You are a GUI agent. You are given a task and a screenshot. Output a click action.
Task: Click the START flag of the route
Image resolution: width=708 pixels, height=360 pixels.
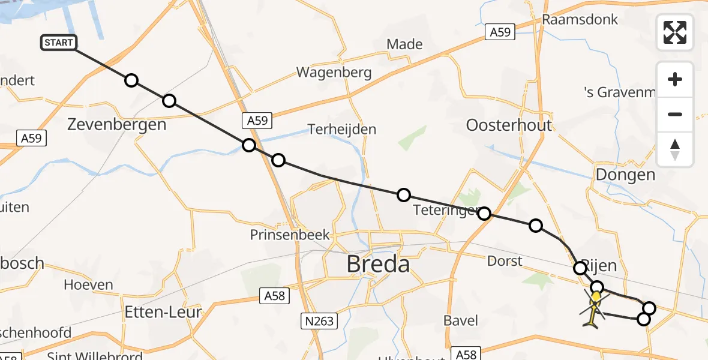coord(58,43)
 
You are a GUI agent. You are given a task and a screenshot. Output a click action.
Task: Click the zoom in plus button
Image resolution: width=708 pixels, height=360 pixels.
coord(675,80)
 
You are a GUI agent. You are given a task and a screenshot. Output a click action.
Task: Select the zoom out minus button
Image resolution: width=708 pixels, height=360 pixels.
coord(675,115)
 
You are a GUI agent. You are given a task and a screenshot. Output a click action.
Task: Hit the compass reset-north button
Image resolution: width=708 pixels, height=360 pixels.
coord(675,149)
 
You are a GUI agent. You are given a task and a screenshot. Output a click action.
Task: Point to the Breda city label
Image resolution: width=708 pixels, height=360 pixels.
coord(379,264)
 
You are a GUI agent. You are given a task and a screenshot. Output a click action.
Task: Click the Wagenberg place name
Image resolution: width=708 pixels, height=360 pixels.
coord(334,73)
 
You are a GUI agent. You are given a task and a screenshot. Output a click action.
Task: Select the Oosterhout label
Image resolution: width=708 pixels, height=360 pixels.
coord(509,125)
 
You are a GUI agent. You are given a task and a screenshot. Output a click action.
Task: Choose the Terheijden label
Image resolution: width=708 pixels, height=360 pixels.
coord(342,129)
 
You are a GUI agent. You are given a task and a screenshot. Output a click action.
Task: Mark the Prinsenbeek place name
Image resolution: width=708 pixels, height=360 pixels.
coord(290,235)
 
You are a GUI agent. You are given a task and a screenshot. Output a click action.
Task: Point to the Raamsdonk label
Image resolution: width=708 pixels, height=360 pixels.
coord(580,19)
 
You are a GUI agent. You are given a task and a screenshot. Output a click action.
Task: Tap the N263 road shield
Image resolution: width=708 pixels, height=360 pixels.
coord(318,322)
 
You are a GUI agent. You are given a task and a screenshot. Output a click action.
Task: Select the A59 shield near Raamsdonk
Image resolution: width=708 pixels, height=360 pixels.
coord(500,32)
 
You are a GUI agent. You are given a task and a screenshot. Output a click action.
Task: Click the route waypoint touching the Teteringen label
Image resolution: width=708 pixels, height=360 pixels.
coord(484,214)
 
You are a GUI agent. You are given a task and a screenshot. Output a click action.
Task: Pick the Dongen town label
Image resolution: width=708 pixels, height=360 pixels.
coord(625,175)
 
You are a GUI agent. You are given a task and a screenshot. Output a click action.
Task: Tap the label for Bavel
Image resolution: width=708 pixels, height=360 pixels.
coord(461,320)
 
